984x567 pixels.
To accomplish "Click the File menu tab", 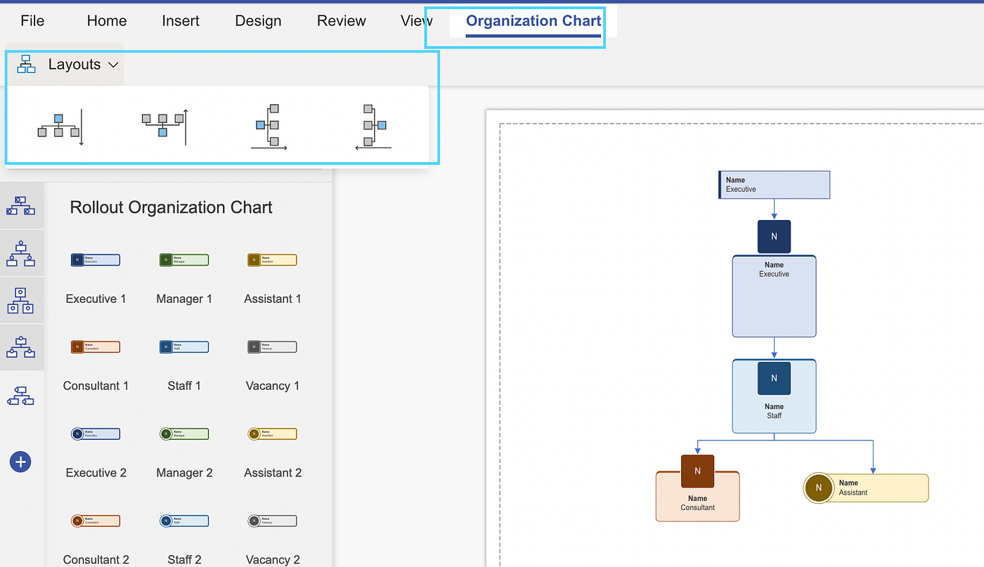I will [x=32, y=21].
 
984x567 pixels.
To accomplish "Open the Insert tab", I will [x=181, y=21].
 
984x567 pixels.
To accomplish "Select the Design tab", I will [x=258, y=21].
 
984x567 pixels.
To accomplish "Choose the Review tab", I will [x=342, y=21].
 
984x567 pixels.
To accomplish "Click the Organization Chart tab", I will [x=533, y=21].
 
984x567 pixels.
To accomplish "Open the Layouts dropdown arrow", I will [x=113, y=65].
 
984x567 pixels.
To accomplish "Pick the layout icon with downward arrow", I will [x=60, y=126].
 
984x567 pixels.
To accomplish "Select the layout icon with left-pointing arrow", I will [x=373, y=126].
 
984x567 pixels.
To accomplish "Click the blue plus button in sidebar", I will [x=20, y=462].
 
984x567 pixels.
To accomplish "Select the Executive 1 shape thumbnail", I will [x=96, y=260].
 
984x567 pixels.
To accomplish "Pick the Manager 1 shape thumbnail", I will [x=183, y=260].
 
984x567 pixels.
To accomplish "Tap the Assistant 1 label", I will [x=273, y=299].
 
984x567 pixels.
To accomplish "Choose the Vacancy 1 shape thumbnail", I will [x=272, y=346].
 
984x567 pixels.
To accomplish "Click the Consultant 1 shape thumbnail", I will [x=96, y=346].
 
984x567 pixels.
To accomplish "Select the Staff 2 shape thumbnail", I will [x=183, y=521].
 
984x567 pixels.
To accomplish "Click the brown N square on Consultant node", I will [x=697, y=471].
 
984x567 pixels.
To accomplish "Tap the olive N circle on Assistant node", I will [x=818, y=488].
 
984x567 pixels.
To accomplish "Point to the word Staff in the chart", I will [x=774, y=416].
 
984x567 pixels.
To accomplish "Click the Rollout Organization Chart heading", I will [x=171, y=207].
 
